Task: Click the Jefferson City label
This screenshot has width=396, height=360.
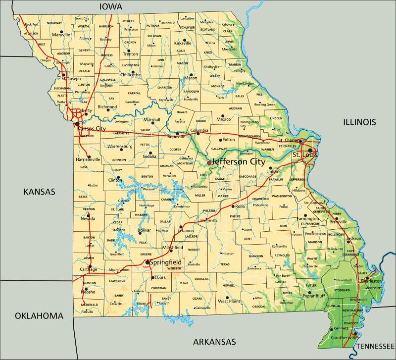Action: tap(239, 161)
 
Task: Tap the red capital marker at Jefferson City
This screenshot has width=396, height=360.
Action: tap(209, 162)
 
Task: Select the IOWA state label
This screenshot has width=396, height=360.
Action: tap(110, 6)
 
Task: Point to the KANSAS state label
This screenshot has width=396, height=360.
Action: tap(40, 192)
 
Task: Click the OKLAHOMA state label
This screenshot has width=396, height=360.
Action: tap(39, 315)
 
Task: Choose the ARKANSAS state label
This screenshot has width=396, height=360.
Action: tap(214, 342)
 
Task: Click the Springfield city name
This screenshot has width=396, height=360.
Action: tap(165, 262)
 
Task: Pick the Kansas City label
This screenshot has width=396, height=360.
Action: tap(91, 128)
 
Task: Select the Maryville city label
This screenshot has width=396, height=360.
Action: tap(61, 35)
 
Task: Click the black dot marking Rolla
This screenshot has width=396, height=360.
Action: tap(232, 206)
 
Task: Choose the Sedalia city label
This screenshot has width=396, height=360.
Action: tap(149, 156)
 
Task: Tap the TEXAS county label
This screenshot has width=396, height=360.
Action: tap(225, 264)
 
